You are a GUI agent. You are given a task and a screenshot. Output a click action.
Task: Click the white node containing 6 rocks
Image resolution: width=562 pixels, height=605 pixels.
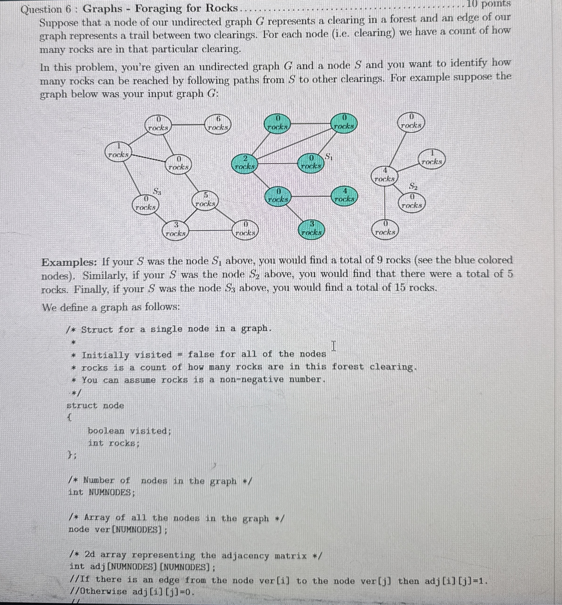point(217,123)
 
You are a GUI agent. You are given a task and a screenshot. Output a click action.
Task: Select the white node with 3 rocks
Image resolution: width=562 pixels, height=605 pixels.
point(175,230)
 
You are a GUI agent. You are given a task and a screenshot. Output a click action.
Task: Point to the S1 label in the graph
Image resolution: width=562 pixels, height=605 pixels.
point(329,156)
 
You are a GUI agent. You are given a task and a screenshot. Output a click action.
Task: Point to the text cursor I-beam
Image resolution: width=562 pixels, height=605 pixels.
point(334,346)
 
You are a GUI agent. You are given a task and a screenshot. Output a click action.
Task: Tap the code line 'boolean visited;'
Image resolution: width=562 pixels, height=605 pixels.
point(129,431)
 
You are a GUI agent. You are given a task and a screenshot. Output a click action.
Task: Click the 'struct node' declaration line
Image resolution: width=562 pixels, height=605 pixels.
point(95,405)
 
